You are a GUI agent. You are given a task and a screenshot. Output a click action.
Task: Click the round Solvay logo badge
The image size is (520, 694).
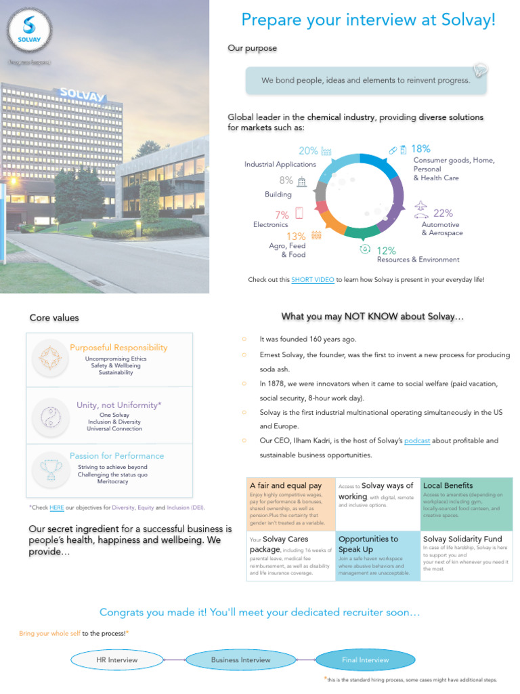pos(29,31)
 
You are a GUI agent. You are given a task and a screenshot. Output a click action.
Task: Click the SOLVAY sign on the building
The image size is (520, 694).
pos(82,94)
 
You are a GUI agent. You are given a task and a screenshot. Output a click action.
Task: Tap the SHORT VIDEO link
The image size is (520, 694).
pos(313,279)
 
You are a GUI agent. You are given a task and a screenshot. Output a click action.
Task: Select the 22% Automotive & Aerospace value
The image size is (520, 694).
pos(443,213)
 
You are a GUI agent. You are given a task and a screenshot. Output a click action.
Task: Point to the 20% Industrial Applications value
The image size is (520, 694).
pos(308,151)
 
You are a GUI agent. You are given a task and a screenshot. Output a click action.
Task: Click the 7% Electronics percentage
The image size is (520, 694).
pos(282,214)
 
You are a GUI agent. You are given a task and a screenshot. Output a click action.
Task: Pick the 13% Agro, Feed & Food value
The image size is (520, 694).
pos(296,236)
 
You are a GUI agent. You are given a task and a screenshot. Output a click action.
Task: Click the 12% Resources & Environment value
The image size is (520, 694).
pos(386,250)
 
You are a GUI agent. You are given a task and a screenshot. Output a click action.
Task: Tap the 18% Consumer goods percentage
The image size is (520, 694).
pos(420,148)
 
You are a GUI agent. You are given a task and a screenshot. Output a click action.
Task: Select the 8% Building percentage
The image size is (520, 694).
pos(286,180)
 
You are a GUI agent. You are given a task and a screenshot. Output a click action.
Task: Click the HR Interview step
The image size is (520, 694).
pos(117,659)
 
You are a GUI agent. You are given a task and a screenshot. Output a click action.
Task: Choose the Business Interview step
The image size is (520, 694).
pos(240,659)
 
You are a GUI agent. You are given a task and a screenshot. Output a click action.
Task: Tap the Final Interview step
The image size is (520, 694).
pos(365,659)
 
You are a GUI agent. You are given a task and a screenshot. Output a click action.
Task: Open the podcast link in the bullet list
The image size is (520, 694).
pos(417,441)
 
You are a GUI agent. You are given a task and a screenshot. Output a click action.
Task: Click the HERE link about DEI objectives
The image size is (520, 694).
pos(57,507)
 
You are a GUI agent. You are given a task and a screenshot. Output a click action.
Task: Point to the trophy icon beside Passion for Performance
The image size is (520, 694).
pos(49,468)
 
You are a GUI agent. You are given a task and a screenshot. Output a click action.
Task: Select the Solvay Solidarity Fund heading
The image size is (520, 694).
pos(462,539)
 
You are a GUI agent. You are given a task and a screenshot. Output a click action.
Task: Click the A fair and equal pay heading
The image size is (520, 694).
pos(286,485)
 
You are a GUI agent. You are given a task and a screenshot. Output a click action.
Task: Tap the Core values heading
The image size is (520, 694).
pos(54,317)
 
